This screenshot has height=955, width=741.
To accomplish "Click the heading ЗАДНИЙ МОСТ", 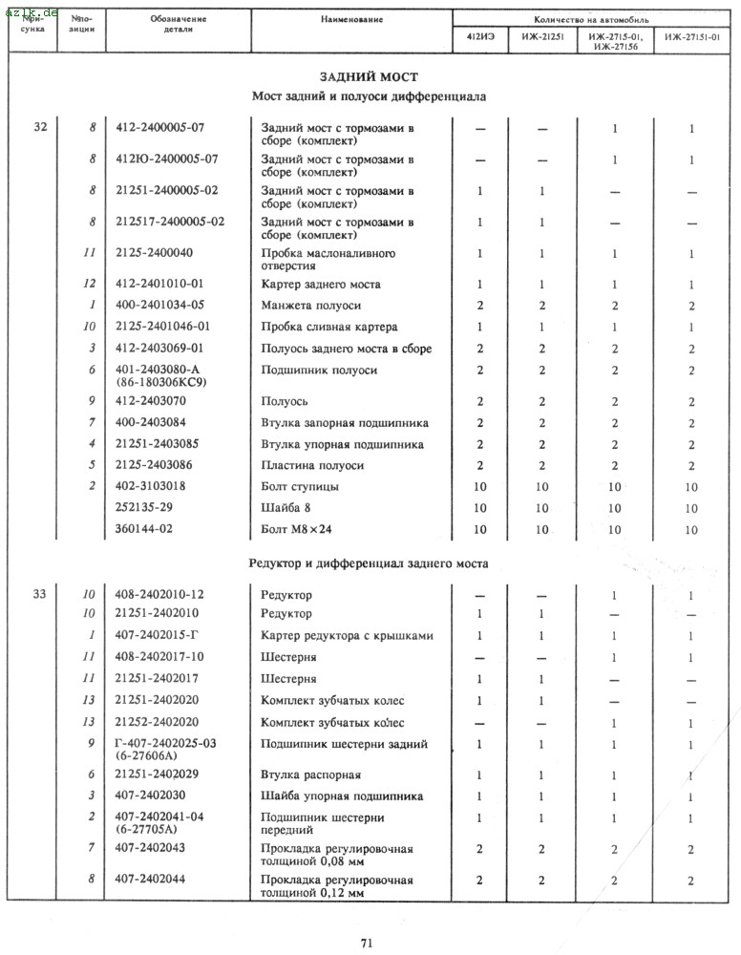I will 368,76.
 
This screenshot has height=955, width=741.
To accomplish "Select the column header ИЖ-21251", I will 540,39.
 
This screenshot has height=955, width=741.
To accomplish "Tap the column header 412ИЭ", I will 479,39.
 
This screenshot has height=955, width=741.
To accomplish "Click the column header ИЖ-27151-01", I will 691,39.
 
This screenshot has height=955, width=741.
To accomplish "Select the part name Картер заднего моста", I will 321,285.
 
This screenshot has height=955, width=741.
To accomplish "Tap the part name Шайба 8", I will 289,508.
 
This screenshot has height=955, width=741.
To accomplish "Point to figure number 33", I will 39,593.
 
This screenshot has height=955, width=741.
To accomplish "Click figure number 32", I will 39,127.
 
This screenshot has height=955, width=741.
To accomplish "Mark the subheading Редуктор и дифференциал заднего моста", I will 369,563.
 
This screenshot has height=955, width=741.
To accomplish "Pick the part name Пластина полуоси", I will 313,465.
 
